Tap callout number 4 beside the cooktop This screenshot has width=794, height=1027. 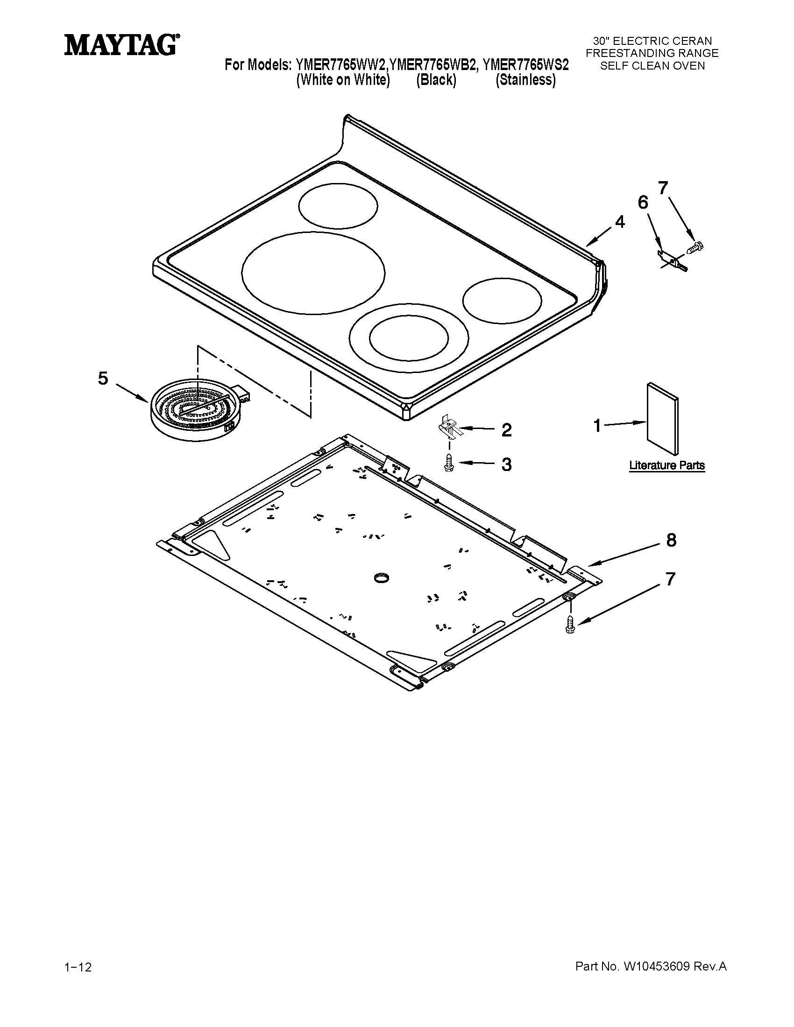pyautogui.click(x=620, y=221)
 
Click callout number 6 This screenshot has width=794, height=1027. pyautogui.click(x=643, y=203)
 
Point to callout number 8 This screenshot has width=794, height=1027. pyautogui.click(x=671, y=540)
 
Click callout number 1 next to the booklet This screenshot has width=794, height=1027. pyautogui.click(x=597, y=426)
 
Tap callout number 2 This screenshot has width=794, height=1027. pyautogui.click(x=506, y=430)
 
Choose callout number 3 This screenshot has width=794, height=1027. pyautogui.click(x=506, y=464)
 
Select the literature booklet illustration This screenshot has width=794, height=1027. pyautogui.click(x=663, y=418)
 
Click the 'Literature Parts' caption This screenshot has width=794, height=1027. pyautogui.click(x=666, y=465)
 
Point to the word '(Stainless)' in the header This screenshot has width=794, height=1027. pyautogui.click(x=525, y=80)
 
